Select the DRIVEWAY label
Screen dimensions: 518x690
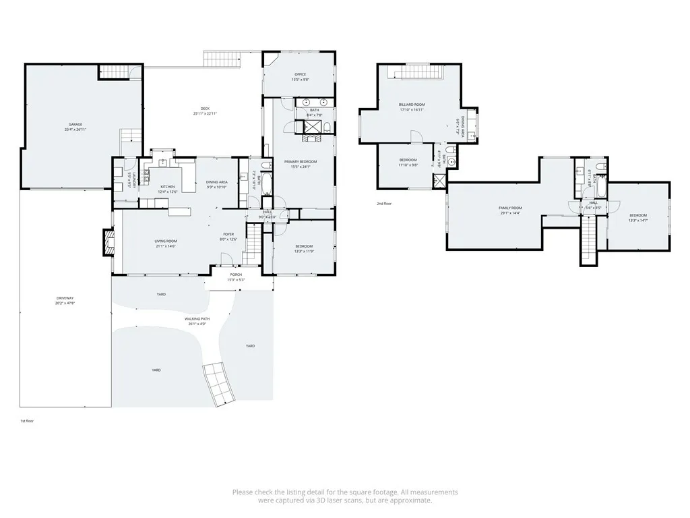point(65,300)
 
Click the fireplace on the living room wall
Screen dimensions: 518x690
point(107,243)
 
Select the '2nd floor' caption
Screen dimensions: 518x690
point(384,203)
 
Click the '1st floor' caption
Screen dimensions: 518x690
point(27,420)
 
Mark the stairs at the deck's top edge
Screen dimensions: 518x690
point(222,58)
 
